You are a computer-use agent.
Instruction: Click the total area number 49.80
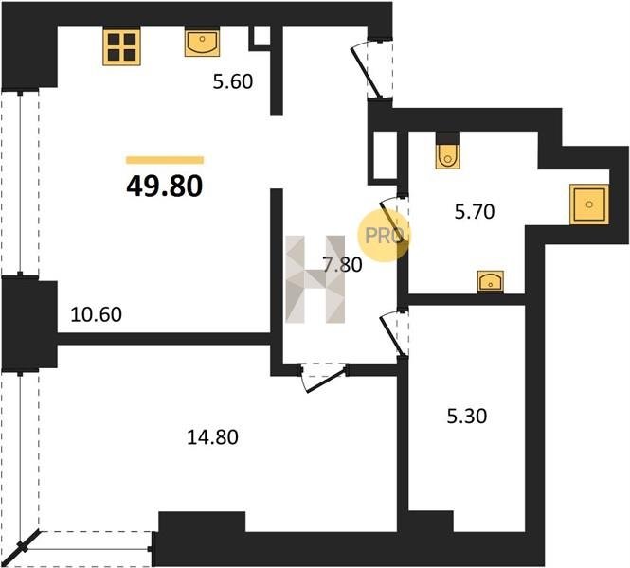point(164,186)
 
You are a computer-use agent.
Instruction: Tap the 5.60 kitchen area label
point(233,81)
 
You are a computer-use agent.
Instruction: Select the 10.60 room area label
point(96,314)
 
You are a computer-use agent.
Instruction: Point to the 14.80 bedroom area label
point(212,436)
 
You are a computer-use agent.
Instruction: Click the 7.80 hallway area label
point(342,265)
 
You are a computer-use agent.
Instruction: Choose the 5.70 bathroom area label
point(474,211)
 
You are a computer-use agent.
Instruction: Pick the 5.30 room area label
point(467,416)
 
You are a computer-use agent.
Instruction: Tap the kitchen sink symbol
point(202,42)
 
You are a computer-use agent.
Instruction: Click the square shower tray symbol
point(589,204)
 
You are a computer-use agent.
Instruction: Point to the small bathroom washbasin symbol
point(491,282)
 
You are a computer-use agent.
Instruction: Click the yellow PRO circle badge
point(384,236)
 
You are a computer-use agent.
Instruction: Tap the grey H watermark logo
point(315,279)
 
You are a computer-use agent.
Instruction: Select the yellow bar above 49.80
point(165,160)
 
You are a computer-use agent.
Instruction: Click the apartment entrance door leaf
point(366,73)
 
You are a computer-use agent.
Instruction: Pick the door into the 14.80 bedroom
point(324,379)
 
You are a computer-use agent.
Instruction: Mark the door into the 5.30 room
point(390,334)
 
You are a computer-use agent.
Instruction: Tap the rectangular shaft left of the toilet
point(385,155)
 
